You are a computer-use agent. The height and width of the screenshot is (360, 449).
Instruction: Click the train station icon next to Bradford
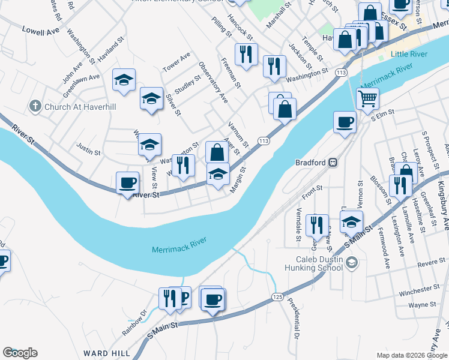[332, 163]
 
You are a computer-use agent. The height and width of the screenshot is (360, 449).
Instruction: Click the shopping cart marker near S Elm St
[367, 98]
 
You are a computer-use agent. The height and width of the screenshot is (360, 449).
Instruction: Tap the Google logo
[20, 353]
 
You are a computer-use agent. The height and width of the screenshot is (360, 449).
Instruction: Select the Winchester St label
[420, 289]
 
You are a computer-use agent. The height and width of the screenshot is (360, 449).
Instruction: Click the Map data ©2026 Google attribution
[411, 355]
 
